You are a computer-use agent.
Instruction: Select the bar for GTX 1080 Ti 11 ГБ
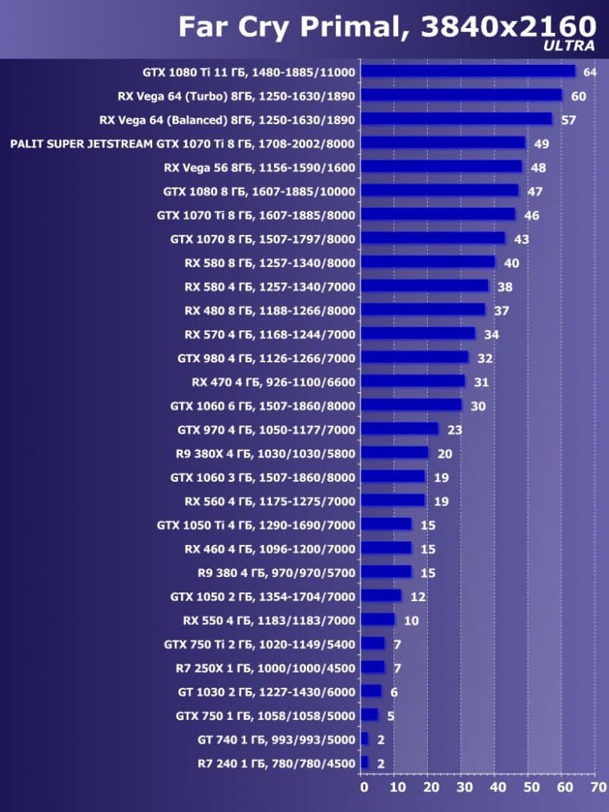(468, 71)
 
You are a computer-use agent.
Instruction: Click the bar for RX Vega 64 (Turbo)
(462, 95)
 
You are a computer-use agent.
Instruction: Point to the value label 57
(568, 120)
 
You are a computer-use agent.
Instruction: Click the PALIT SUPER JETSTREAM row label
(183, 143)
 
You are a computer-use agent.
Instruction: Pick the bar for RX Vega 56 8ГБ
(441, 168)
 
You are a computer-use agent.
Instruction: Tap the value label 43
(521, 239)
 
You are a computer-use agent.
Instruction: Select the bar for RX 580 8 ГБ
(428, 263)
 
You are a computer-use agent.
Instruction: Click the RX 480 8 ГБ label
(269, 310)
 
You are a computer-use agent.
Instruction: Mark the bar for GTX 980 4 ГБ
(414, 358)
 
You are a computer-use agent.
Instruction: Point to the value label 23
(454, 430)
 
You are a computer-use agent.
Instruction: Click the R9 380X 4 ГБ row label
(265, 454)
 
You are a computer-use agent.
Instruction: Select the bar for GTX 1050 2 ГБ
(381, 596)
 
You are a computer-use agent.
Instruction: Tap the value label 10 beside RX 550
(411, 620)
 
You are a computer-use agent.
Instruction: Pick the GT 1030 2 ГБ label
(266, 692)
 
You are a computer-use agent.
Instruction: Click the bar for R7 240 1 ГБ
(365, 763)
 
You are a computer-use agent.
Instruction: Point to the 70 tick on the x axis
(598, 788)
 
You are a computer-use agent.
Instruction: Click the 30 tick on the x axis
(462, 788)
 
